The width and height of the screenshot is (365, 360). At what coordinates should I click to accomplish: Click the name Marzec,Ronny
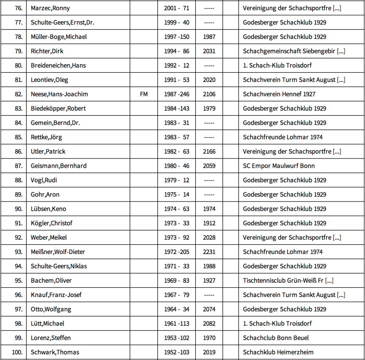(x=50, y=8)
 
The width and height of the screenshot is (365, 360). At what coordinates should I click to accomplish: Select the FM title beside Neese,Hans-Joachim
(x=144, y=94)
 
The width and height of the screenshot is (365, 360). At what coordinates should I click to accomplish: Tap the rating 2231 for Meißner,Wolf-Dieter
(x=209, y=252)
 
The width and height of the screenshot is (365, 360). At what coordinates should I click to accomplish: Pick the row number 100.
(x=17, y=352)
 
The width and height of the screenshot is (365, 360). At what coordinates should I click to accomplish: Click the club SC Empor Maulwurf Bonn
(x=279, y=166)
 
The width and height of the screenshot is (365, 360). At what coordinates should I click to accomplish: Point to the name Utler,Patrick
(x=48, y=151)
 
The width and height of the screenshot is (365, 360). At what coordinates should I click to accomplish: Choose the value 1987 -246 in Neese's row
(x=177, y=94)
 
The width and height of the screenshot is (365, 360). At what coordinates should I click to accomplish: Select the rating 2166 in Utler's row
(x=209, y=151)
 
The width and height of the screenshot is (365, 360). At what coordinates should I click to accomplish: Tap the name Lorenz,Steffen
(x=51, y=338)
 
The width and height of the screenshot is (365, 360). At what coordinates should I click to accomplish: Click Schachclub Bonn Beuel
(x=276, y=338)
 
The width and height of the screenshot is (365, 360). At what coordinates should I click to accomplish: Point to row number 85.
(x=19, y=137)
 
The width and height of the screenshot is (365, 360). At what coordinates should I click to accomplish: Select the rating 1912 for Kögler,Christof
(x=209, y=223)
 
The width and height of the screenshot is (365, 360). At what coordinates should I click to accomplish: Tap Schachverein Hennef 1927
(x=279, y=94)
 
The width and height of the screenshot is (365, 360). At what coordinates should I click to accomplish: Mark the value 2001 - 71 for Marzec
(x=177, y=8)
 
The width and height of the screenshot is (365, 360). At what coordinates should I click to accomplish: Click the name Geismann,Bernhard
(x=58, y=166)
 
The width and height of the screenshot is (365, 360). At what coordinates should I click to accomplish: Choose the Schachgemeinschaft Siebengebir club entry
(x=294, y=51)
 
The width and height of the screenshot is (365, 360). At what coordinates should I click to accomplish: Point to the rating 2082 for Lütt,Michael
(x=209, y=323)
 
